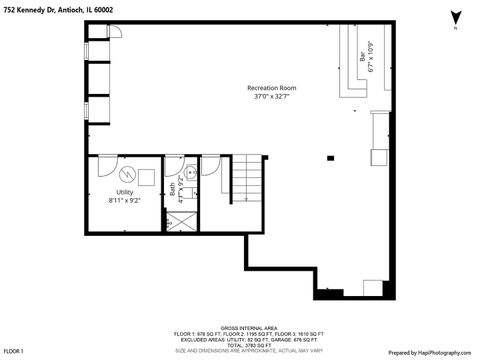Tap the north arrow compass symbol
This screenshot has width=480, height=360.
[456, 18]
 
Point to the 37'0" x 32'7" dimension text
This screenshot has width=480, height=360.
[271, 97]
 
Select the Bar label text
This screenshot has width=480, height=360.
[362, 59]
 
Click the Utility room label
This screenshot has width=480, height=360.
[124, 191]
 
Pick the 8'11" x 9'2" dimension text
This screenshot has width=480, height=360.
[124, 200]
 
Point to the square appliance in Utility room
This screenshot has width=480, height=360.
[145, 176]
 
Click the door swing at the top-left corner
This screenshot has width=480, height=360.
[113, 33]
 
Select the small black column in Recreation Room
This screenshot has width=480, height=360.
[331, 157]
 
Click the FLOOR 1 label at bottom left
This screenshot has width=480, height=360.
[13, 352]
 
